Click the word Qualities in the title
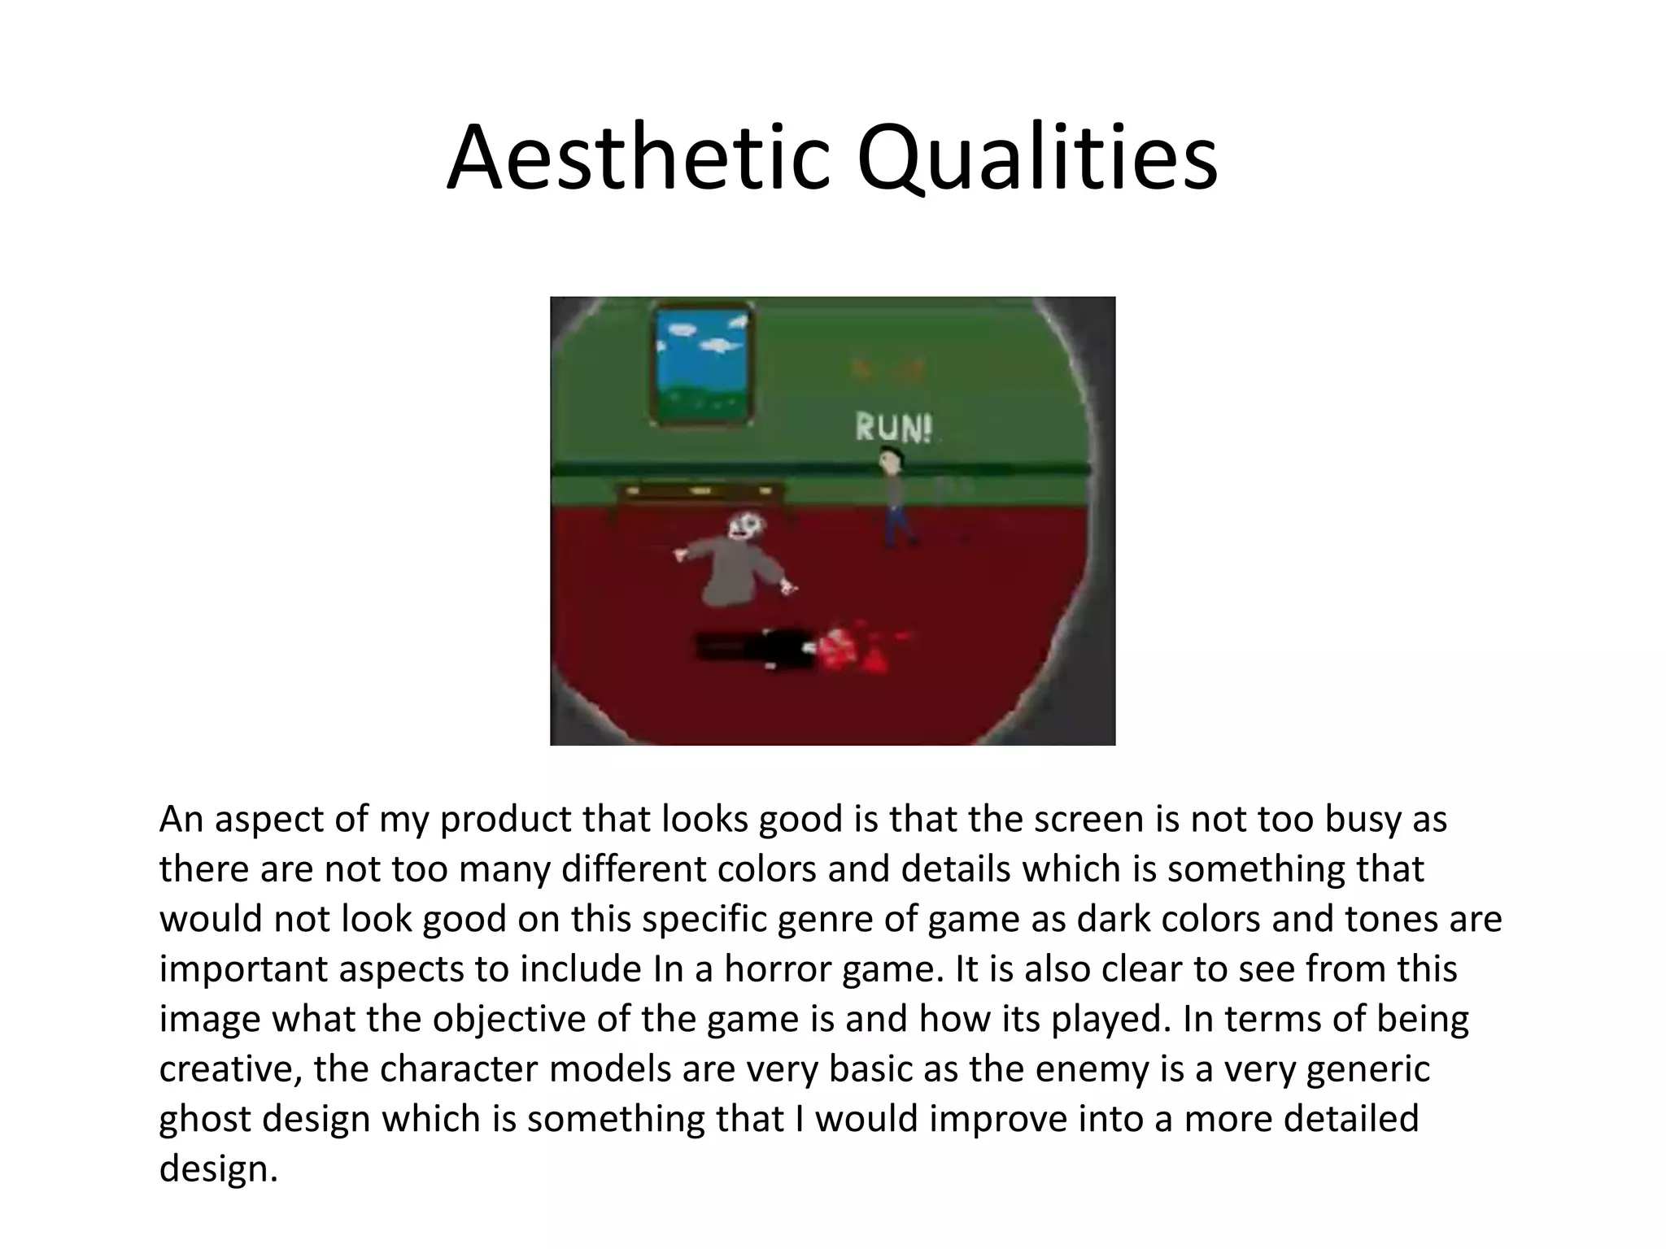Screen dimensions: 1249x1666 click(1036, 159)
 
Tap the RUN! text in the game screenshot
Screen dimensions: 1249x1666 click(893, 428)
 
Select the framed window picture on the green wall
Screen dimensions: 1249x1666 click(702, 363)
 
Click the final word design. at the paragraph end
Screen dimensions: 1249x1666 click(218, 1169)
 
